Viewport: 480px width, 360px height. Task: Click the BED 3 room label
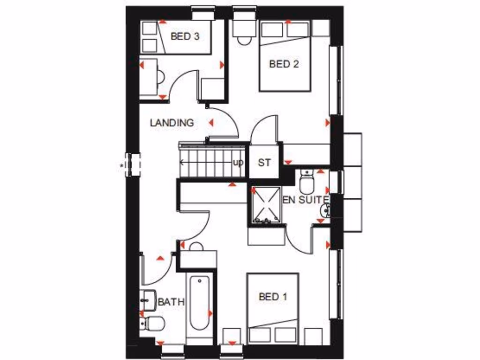pyautogui.click(x=186, y=36)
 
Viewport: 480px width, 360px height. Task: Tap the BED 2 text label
pyautogui.click(x=284, y=64)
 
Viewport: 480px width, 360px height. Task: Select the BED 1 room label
pyautogui.click(x=273, y=297)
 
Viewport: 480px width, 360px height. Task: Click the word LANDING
pyautogui.click(x=172, y=123)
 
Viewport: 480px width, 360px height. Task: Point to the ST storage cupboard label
pyautogui.click(x=264, y=163)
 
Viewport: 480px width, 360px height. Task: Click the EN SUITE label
pyautogui.click(x=305, y=200)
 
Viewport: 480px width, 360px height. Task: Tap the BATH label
pyautogui.click(x=171, y=302)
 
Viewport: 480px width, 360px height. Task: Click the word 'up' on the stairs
pyautogui.click(x=238, y=163)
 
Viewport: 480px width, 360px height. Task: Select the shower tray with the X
pyautogui.click(x=265, y=205)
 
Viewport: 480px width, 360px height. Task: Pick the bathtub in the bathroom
pyautogui.click(x=200, y=305)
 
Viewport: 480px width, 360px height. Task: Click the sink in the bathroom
pyautogui.click(x=148, y=300)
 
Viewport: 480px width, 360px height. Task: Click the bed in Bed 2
pyautogui.click(x=285, y=56)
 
